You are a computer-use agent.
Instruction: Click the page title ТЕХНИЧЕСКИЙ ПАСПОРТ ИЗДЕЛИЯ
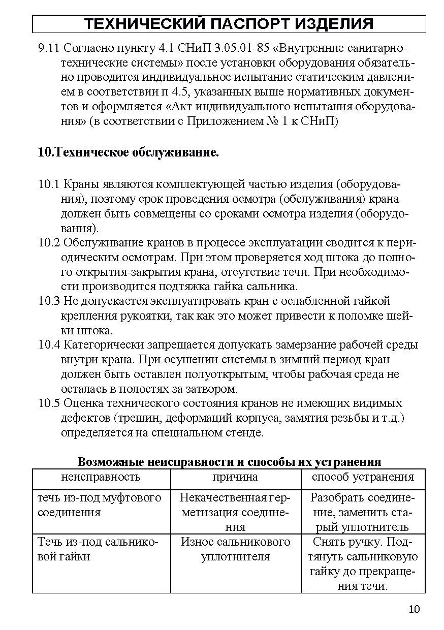tap(229, 24)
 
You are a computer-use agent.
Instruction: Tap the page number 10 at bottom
tap(414, 610)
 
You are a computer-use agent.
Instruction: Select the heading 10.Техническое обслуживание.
tap(129, 152)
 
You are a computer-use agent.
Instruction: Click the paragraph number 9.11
tap(49, 49)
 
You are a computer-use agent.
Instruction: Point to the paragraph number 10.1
tap(49, 183)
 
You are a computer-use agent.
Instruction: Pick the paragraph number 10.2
tap(49, 242)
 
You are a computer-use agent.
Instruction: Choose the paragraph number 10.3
tap(49, 301)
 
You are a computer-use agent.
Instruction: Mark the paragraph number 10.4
tap(49, 345)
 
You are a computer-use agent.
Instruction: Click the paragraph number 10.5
tap(49, 404)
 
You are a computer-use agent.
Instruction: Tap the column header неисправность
tap(101, 478)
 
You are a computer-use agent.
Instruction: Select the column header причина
tap(235, 478)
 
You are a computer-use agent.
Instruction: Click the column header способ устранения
tap(363, 478)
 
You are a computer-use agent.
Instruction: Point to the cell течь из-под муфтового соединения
tap(100, 505)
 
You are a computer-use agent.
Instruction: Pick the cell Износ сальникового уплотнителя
tap(235, 549)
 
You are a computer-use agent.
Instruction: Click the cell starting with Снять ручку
tap(363, 564)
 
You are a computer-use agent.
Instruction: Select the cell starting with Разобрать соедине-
tap(363, 512)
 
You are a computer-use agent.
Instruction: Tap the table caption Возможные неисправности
tap(229, 462)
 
